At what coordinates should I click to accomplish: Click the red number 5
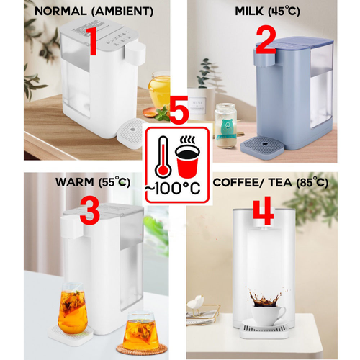coord(178,114)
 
